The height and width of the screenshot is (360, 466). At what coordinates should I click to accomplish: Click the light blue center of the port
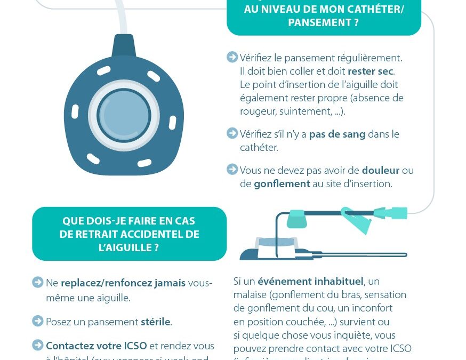click(123, 115)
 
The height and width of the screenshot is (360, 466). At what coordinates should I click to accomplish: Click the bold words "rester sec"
click(371, 71)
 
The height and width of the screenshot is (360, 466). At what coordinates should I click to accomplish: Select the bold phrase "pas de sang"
click(337, 134)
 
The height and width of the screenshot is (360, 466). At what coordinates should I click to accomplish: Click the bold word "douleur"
click(381, 171)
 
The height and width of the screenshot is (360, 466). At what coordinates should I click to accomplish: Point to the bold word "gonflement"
click(282, 183)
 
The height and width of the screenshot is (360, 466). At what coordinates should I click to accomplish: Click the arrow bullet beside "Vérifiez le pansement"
click(232, 57)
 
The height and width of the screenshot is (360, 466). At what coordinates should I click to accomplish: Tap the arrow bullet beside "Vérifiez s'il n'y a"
click(232, 133)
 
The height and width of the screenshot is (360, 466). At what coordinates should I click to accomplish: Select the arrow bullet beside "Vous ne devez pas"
click(232, 170)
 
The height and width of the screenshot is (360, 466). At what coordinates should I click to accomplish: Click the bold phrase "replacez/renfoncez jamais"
click(123, 283)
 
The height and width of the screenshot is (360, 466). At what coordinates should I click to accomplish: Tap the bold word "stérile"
click(155, 322)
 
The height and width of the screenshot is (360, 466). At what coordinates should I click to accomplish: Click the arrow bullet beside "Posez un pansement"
click(38, 321)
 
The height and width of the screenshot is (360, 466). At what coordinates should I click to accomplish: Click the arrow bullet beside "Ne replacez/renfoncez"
click(38, 282)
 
